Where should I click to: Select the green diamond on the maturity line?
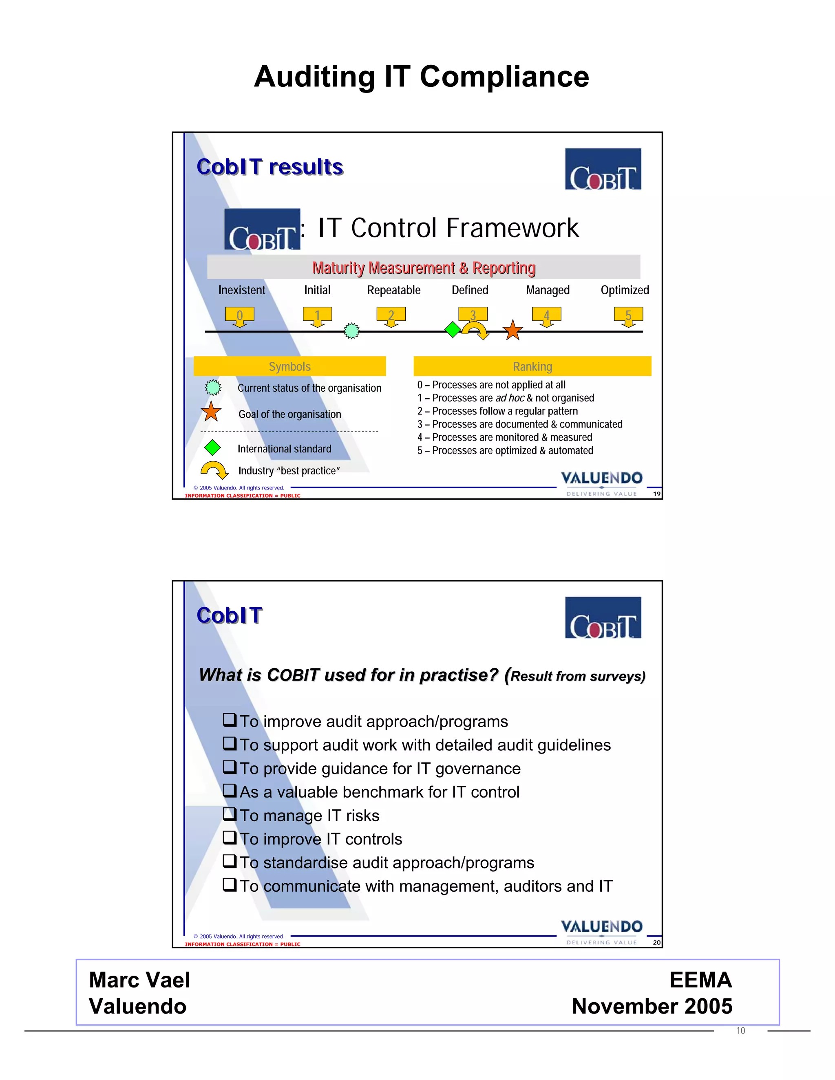tap(453, 329)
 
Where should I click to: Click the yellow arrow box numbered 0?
tap(239, 315)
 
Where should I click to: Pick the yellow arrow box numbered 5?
tap(628, 315)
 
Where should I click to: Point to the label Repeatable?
tap(393, 290)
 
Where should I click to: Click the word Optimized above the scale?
tap(624, 290)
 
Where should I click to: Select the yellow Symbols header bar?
tap(289, 366)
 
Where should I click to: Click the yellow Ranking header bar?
tap(532, 366)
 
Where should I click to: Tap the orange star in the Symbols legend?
tap(211, 412)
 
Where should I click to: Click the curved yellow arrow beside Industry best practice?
tap(214, 470)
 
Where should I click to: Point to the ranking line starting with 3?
tap(519, 424)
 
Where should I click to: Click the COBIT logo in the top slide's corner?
tap(603, 169)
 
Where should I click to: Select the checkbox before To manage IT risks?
tap(229, 813)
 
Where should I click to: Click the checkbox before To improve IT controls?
tap(229, 837)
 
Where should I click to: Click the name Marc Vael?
tap(139, 980)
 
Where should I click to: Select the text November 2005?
tap(652, 1006)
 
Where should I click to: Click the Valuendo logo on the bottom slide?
tap(601, 930)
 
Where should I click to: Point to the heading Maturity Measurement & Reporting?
tap(424, 267)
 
